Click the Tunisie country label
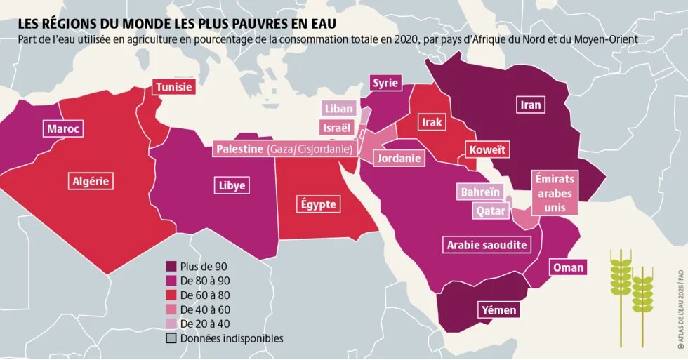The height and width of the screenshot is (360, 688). pos(173,88)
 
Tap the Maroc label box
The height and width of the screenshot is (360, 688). pos(63,129)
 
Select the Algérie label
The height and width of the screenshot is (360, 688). pos(91,181)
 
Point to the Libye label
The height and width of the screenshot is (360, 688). pos(232,186)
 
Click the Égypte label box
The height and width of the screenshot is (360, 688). pos(318,205)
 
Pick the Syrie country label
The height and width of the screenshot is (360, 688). pos(385,83)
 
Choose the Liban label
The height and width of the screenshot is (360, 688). pos(339,109)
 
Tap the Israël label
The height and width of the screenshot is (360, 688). pos(336,128)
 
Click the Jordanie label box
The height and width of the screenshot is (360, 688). pos(399,159)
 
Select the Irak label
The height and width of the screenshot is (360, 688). pos(432,123)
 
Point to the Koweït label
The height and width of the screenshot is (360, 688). pos(487,150)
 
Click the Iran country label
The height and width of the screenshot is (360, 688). pos(531,105)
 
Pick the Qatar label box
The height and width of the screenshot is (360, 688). pos(490,211)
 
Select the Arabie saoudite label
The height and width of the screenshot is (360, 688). pos(487,245)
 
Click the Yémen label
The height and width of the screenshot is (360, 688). pos(499,310)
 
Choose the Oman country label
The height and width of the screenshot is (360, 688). pos(568,268)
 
